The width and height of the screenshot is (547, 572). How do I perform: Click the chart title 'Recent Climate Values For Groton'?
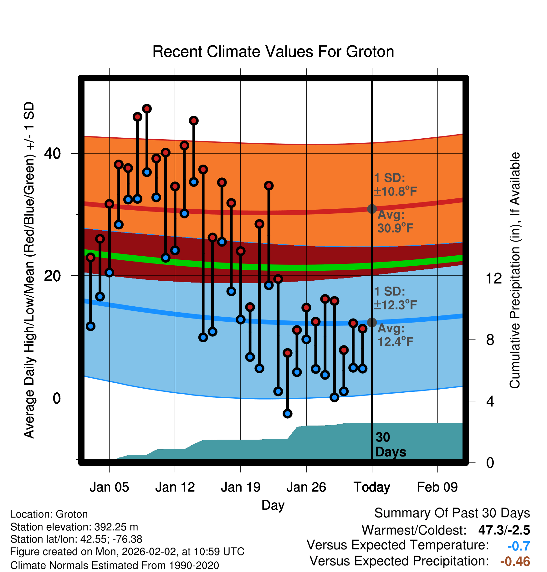click(273, 52)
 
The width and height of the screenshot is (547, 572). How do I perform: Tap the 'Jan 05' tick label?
click(109, 487)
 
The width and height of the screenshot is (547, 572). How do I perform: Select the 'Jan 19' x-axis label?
click(241, 487)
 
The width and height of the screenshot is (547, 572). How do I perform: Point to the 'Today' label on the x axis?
click(372, 488)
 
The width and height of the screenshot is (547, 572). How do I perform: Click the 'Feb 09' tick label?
click(437, 487)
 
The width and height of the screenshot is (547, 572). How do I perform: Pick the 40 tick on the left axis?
click(53, 153)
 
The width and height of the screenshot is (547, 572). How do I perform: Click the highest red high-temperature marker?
click(147, 109)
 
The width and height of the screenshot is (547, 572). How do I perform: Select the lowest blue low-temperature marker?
click(288, 414)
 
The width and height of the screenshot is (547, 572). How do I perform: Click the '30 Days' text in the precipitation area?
click(391, 445)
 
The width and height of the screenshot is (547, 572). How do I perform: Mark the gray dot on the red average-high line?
click(372, 209)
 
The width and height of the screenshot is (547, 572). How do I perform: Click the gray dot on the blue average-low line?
click(372, 322)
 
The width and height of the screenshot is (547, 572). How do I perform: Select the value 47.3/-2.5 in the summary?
click(504, 530)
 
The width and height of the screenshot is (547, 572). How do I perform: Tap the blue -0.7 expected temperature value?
click(519, 546)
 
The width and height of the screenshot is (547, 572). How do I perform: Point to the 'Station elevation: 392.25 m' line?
click(74, 527)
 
